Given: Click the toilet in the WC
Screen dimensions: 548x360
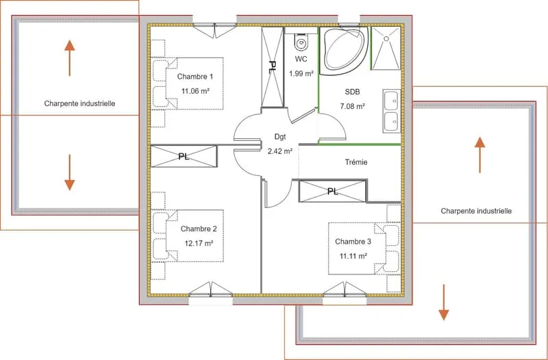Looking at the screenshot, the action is tap(301, 42).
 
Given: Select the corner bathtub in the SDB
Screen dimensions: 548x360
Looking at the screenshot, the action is tap(344, 51).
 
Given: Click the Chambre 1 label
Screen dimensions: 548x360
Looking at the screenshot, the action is tap(195, 77).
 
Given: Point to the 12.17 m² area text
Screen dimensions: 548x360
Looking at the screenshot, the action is tap(199, 244).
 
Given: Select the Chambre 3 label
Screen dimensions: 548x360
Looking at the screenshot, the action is tap(353, 242).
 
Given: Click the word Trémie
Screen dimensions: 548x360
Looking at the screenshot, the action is tap(356, 162).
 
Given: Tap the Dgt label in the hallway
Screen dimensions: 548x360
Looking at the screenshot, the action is tap(280, 137).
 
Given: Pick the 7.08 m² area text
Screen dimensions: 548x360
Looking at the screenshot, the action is tap(353, 106).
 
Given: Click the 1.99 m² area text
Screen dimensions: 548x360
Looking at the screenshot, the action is tap(301, 73).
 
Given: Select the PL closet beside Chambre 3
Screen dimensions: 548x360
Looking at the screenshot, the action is tap(332, 191).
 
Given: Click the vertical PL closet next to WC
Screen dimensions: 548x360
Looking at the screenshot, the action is tap(272, 67).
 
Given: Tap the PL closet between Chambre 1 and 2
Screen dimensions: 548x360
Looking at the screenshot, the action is tap(184, 157).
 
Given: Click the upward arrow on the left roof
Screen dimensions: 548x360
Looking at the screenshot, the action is tap(70, 58).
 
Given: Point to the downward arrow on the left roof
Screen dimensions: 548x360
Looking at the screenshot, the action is tap(70, 172).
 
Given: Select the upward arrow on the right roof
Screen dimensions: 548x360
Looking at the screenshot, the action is tap(480, 155).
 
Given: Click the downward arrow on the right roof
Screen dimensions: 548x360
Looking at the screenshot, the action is tap(444, 303).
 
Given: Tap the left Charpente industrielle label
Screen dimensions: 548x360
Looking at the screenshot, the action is tap(79, 104).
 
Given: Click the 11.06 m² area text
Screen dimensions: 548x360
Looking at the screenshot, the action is tap(195, 91).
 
